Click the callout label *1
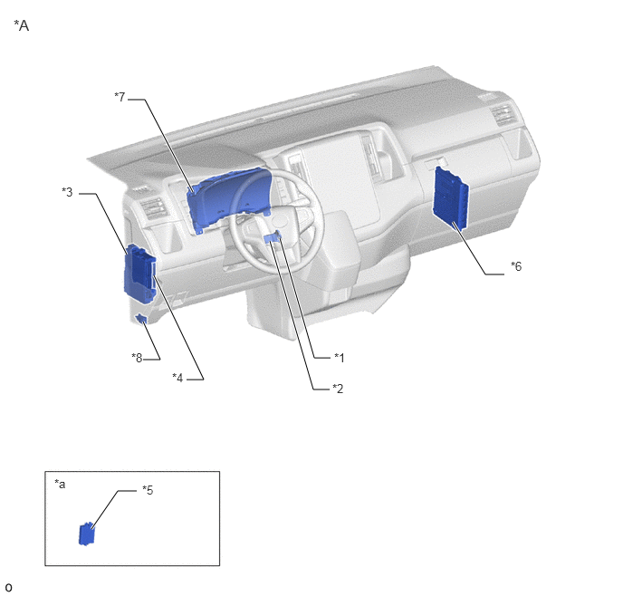(340, 358)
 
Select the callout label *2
(338, 389)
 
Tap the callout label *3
(67, 192)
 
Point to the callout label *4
(177, 378)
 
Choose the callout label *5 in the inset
(148, 490)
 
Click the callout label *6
(516, 266)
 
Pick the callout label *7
(120, 97)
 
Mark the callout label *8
(137, 358)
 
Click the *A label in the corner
(22, 25)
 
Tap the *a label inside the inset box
(60, 484)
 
